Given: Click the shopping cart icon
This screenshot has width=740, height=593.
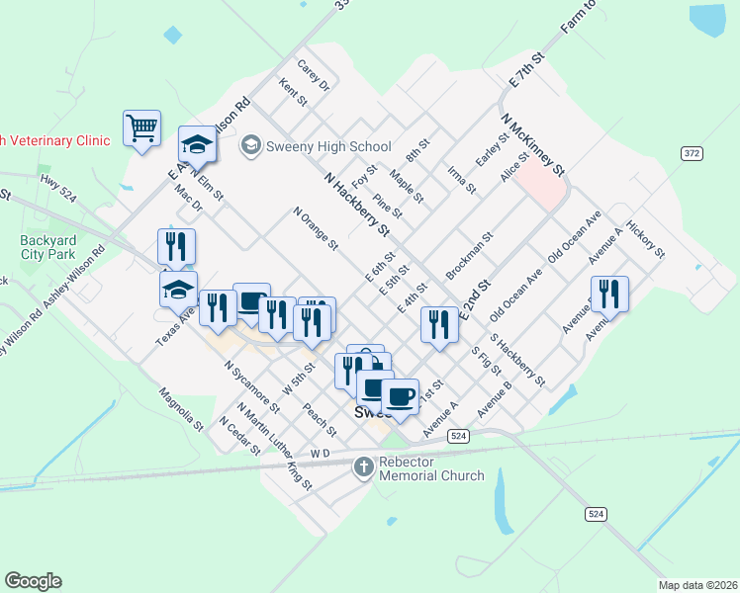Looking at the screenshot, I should pyautogui.click(x=141, y=127).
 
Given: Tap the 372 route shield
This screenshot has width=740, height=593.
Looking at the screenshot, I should pyautogui.click(x=692, y=152).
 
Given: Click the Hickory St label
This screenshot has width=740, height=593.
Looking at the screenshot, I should pyautogui.click(x=652, y=240).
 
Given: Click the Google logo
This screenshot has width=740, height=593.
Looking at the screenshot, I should pyautogui.click(x=33, y=581).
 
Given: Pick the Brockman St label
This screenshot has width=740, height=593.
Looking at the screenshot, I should pyautogui.click(x=469, y=256).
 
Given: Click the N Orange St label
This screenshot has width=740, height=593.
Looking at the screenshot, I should pyautogui.click(x=316, y=228).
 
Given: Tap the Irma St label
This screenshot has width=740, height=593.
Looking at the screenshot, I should pyautogui.click(x=461, y=180).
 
